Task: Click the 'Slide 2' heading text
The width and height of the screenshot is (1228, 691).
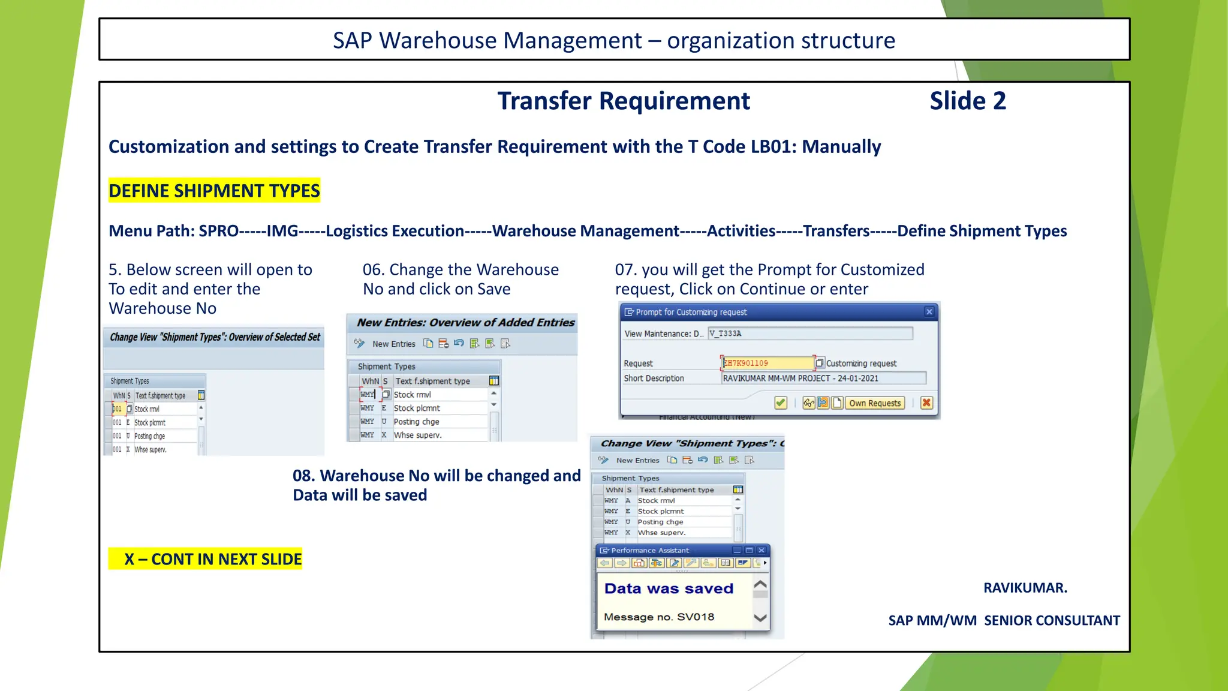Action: [x=967, y=101]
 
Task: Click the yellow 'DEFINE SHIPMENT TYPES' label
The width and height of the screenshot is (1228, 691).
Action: [x=214, y=191]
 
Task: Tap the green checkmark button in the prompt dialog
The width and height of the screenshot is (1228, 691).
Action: [x=780, y=403]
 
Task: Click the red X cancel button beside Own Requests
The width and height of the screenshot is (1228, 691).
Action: [x=926, y=403]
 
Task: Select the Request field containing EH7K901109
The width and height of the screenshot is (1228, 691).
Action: [x=767, y=363]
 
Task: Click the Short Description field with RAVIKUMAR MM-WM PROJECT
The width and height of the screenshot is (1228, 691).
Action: [x=823, y=378]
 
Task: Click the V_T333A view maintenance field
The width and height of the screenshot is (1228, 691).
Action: [x=809, y=334]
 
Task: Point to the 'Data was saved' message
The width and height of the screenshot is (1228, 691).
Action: [x=669, y=588]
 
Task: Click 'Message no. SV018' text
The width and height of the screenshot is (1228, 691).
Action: [x=659, y=617]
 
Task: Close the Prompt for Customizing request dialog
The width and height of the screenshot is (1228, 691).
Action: [x=929, y=312]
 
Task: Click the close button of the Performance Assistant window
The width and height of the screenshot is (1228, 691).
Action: [x=762, y=550]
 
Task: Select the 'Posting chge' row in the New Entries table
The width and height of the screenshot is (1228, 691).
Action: [x=416, y=422]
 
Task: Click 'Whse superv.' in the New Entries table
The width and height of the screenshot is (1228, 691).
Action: [x=417, y=435]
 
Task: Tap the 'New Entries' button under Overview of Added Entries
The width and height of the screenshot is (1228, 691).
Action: [x=393, y=344]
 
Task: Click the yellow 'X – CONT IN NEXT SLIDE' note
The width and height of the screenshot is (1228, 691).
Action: [x=206, y=559]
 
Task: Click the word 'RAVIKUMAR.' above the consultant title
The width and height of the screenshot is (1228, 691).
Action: [x=1025, y=588]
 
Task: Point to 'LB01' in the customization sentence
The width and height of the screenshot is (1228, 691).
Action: [x=772, y=147]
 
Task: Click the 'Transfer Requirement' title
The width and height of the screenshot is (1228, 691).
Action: [x=624, y=101]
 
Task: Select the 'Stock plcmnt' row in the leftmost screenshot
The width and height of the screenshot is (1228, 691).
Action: [x=150, y=423]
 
